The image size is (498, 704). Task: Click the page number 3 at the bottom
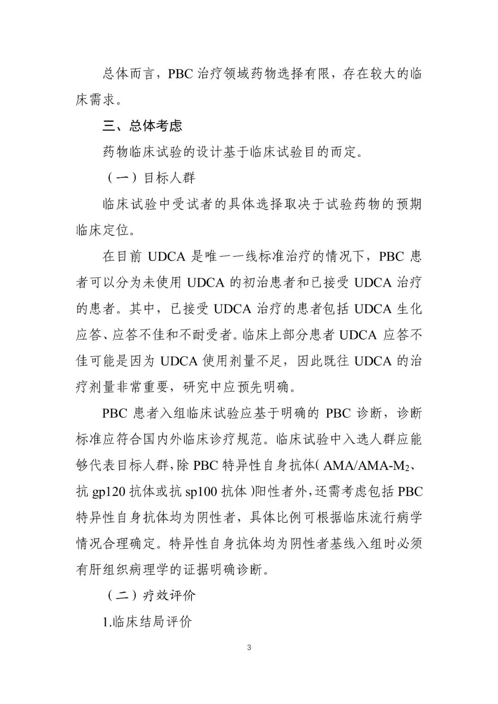click(x=249, y=648)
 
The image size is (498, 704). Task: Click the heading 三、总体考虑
click(x=142, y=126)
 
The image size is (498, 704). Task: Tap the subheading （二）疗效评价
click(x=151, y=595)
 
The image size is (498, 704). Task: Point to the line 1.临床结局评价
click(x=147, y=621)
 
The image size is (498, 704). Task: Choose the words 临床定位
click(x=102, y=230)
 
